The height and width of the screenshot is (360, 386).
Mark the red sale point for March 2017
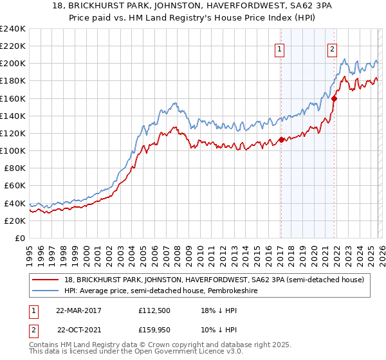281,139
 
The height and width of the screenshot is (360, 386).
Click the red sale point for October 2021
334,98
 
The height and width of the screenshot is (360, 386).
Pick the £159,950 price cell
154,330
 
